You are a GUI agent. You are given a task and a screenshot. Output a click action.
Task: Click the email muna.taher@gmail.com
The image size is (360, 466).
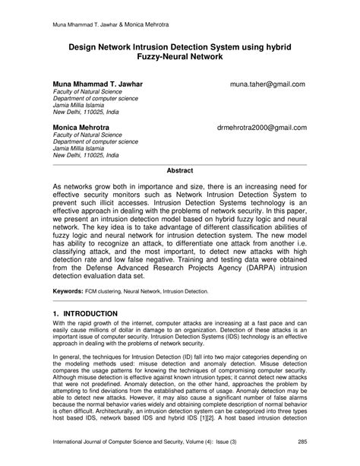267,84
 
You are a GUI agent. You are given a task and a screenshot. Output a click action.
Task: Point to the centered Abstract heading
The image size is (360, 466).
179,171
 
